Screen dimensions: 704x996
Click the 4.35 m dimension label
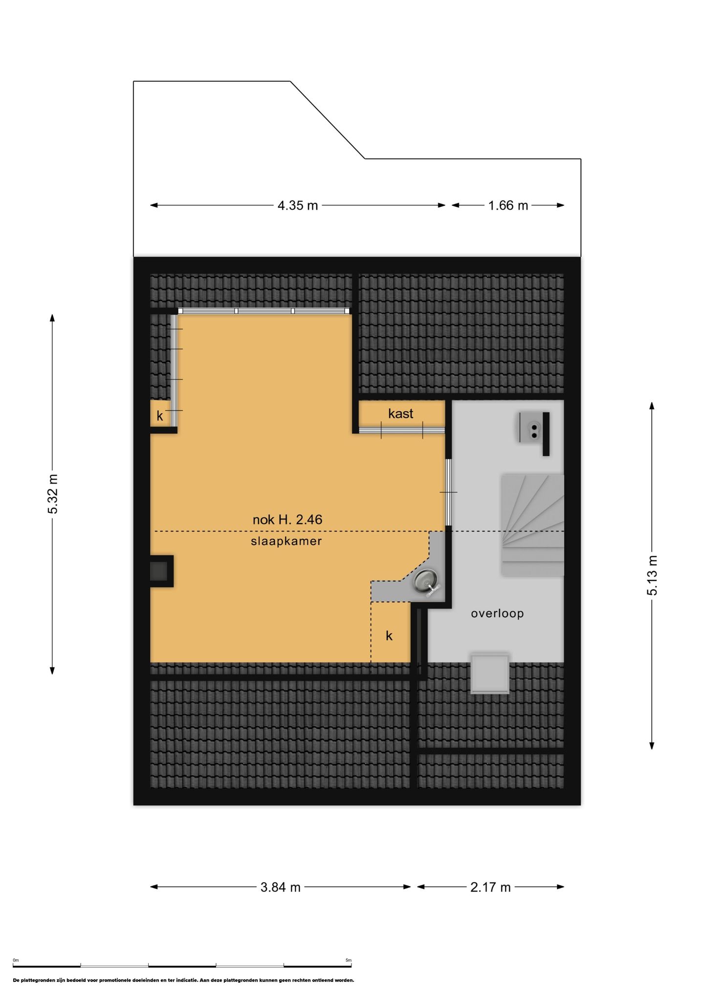[x=298, y=205]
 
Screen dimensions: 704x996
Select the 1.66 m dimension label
[x=508, y=205]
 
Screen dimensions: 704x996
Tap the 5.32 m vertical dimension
[x=52, y=494]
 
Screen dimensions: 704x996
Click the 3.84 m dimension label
[x=281, y=887]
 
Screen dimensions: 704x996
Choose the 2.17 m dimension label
[x=490, y=887]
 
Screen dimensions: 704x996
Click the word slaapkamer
[x=286, y=541]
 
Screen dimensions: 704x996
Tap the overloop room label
[x=497, y=613]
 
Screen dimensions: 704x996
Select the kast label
[x=400, y=414]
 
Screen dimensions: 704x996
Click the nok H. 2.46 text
[x=287, y=519]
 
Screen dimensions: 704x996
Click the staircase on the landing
[x=532, y=525]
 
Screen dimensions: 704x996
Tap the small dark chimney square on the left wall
[x=158, y=571]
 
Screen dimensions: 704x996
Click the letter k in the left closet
[x=160, y=416]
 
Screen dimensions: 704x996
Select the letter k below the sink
[x=389, y=636]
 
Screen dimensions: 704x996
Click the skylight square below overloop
[x=490, y=673]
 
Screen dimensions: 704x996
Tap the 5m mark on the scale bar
[x=349, y=960]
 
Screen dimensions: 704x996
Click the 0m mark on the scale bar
[x=16, y=960]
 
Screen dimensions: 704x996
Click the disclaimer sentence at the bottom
[x=184, y=980]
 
